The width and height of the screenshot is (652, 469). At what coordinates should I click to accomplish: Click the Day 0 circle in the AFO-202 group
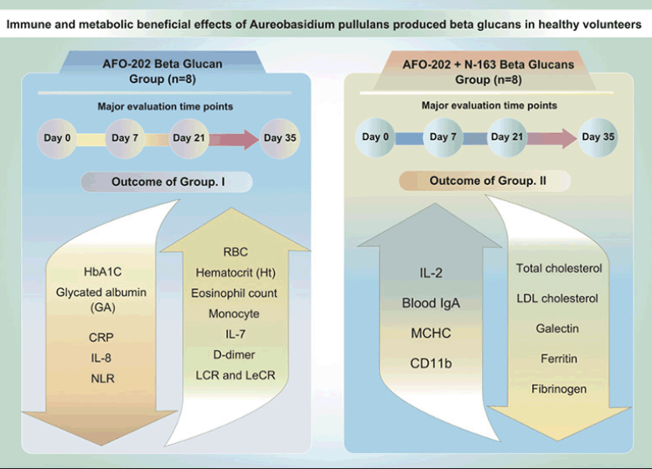[x=57, y=138]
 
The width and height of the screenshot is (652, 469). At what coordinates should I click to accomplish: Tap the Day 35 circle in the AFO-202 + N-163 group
[x=598, y=137]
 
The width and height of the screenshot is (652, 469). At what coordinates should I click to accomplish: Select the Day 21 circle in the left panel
[x=189, y=138]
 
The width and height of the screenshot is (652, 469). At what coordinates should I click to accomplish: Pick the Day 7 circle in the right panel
[x=443, y=137]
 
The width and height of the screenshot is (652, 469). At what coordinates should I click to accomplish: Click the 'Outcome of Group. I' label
[x=168, y=182]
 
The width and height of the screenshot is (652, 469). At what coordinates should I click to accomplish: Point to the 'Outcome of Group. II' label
[x=488, y=181]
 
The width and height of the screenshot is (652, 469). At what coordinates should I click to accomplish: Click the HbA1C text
[x=103, y=272]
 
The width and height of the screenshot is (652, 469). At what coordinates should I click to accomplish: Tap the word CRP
[x=101, y=338]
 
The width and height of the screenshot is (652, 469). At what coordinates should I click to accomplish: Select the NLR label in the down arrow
[x=102, y=379]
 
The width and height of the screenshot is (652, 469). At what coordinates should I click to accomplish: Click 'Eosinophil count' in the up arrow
[x=234, y=293]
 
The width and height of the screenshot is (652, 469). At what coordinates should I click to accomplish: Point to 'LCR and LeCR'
[x=235, y=375]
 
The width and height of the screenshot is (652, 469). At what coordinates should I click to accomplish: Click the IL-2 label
[x=431, y=273]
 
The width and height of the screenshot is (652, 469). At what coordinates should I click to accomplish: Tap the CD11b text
[x=431, y=363]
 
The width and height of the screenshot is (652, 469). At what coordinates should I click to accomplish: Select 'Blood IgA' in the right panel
[x=431, y=303]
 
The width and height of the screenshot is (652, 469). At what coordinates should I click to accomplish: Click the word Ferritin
[x=559, y=358]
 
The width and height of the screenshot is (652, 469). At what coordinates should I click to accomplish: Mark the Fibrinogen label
[x=559, y=389]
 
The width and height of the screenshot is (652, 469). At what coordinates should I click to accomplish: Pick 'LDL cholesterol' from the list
[x=557, y=298]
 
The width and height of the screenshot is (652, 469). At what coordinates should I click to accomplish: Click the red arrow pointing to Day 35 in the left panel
[x=234, y=139]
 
